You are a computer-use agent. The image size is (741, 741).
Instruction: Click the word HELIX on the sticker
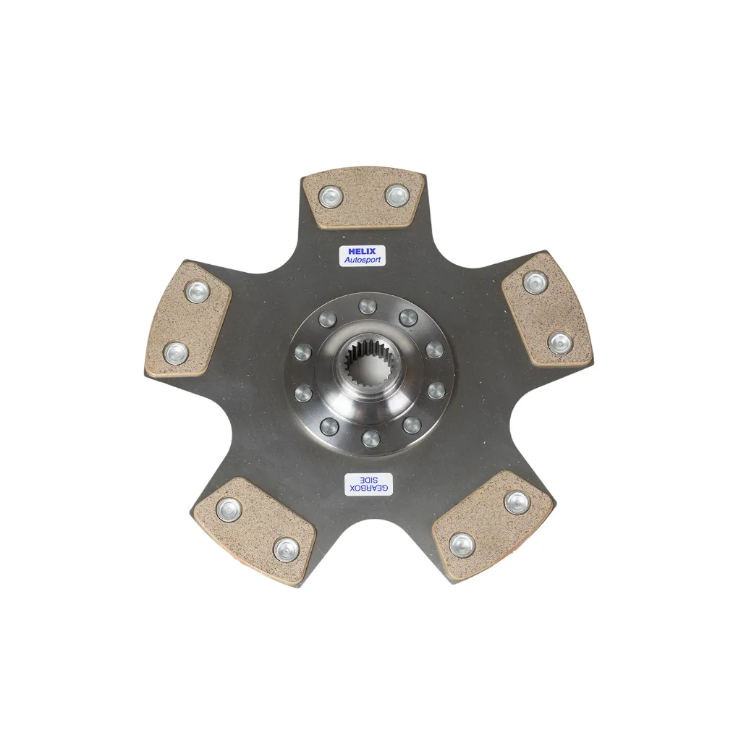pyautogui.click(x=362, y=251)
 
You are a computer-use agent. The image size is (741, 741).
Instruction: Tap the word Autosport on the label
pyautogui.click(x=362, y=260)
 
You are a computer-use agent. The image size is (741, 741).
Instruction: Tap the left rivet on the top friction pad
pyautogui.click(x=330, y=196)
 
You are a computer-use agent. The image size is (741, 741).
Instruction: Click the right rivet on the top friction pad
pyautogui.click(x=397, y=195)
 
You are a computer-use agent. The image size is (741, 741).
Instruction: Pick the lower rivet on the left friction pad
pyautogui.click(x=176, y=352)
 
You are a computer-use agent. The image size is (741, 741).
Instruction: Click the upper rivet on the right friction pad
pyautogui.click(x=535, y=283)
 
